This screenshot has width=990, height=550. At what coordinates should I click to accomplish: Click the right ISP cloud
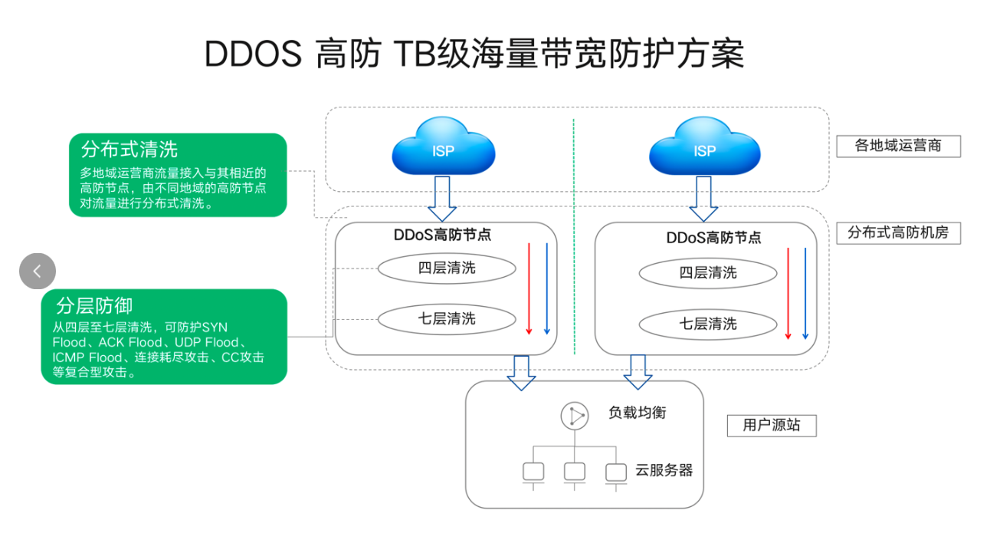[x=705, y=147]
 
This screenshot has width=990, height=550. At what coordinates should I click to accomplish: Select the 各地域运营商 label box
[x=897, y=146]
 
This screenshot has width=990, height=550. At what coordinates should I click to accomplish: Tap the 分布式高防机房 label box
[x=897, y=232]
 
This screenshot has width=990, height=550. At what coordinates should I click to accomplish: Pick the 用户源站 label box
[x=771, y=425]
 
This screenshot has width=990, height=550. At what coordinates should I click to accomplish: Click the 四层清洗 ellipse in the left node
[x=447, y=268]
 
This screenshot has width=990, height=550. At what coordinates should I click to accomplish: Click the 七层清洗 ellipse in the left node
[x=447, y=318]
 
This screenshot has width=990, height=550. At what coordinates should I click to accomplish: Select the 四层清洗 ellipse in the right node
[x=708, y=273]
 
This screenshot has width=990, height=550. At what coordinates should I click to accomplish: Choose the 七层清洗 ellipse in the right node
[x=708, y=324]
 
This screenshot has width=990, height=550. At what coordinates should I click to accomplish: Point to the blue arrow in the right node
[x=805, y=294]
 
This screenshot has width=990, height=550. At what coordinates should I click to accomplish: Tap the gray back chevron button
[x=38, y=271]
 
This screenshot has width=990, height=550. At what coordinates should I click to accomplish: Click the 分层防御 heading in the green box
[x=94, y=306]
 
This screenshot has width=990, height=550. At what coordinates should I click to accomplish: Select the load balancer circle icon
[x=575, y=416]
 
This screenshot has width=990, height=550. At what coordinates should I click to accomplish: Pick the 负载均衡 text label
[x=638, y=413]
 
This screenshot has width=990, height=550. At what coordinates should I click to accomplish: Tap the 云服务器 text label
[x=664, y=470]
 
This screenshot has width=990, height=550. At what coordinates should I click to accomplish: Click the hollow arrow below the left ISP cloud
[x=442, y=199]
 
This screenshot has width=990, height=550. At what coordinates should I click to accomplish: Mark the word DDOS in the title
[x=253, y=54]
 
